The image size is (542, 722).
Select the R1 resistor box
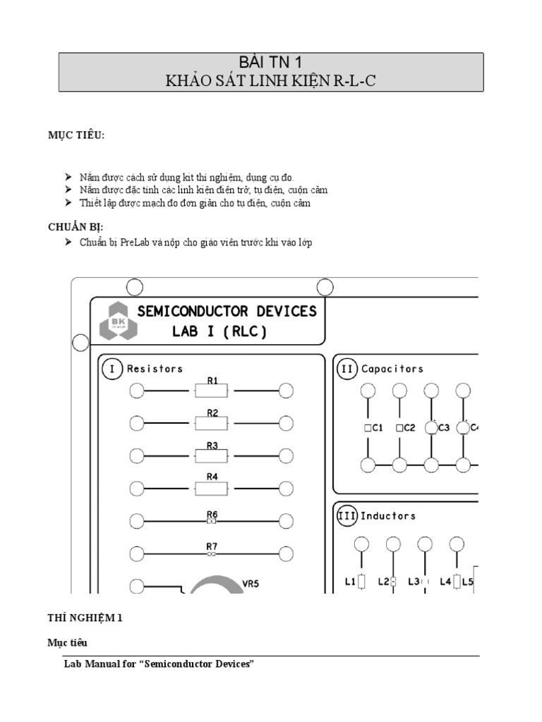pyautogui.click(x=212, y=391)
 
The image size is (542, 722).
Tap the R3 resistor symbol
pyautogui.click(x=212, y=455)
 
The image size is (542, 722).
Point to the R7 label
pyautogui.click(x=212, y=546)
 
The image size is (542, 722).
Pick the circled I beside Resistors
pyautogui.click(x=112, y=368)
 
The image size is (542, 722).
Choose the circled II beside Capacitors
pyautogui.click(x=347, y=368)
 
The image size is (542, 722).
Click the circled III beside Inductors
pyautogui.click(x=347, y=516)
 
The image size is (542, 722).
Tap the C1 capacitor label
pyautogui.click(x=377, y=427)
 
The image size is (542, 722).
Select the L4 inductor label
pyautogui.click(x=445, y=582)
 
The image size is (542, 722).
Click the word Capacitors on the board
pyautogui.click(x=392, y=369)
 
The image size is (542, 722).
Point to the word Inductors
pyautogui.click(x=388, y=516)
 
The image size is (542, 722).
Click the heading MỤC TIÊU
pyautogui.click(x=76, y=135)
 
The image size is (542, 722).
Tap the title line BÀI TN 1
pyautogui.click(x=271, y=63)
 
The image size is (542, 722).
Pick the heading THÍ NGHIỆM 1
pyautogui.click(x=85, y=618)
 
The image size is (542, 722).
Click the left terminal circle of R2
pyautogui.click(x=137, y=422)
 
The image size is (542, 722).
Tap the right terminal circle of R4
pyautogui.click(x=286, y=487)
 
